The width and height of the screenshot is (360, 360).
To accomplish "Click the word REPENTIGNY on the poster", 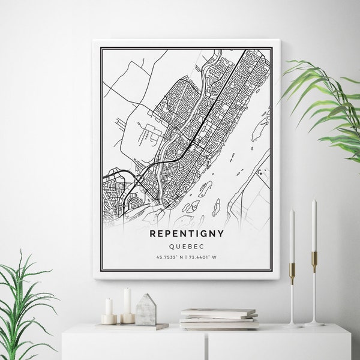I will pos(186,233).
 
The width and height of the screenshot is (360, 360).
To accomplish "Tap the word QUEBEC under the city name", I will pos(186,245).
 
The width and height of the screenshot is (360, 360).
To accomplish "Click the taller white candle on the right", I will pos(313,225).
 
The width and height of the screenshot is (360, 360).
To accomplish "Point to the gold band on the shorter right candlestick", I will pos(292,270).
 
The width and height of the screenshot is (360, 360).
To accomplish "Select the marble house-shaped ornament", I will pos(145,310).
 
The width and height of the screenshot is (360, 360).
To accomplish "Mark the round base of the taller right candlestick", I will pos(314,324).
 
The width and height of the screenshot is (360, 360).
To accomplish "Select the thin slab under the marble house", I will pos(144,326).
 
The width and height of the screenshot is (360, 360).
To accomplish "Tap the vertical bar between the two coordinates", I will pos(186,257).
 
